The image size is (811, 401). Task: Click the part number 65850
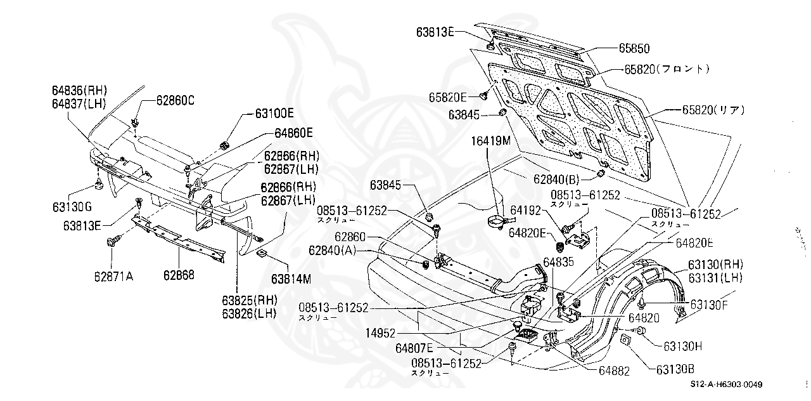tap(634, 48)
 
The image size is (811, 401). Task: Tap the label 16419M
tap(490, 141)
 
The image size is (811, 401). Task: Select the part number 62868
tap(179, 275)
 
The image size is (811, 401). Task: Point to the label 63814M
tap(291, 279)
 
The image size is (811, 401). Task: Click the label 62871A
tap(113, 277)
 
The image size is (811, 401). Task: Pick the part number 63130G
tap(72, 207)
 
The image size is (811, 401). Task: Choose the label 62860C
tap(176, 100)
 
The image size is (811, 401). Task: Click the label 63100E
tap(274, 114)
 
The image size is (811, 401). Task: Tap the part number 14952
tap(380, 333)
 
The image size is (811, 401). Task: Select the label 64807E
tap(414, 348)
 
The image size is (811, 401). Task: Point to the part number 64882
tap(615, 371)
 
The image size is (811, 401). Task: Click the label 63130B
tap(675, 369)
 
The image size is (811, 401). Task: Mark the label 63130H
tap(683, 346)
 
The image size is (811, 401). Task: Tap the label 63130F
tap(709, 305)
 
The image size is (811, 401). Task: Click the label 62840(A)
tap(333, 251)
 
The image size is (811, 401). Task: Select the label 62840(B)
tap(556, 179)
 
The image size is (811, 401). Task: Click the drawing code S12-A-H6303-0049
tap(726, 385)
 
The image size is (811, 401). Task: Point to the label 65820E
tap(448, 97)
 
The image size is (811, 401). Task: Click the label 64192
tap(525, 210)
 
